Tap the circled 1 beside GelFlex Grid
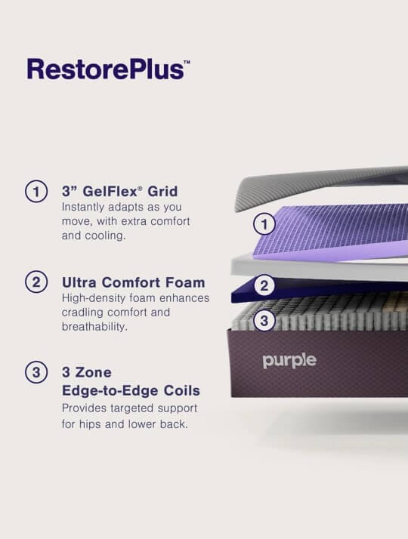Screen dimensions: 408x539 click(36, 191)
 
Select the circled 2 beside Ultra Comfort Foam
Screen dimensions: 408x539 click(36, 282)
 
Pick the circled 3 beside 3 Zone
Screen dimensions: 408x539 click(36, 372)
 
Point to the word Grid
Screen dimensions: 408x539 click(162, 191)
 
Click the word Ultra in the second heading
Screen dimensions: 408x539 click(79, 282)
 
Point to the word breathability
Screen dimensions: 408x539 click(94, 327)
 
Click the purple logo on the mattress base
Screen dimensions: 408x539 click(289, 361)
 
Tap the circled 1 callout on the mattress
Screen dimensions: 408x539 click(264, 224)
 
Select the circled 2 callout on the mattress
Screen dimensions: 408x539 click(264, 286)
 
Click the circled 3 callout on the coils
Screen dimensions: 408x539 click(264, 321)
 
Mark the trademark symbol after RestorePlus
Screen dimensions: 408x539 click(187, 62)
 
